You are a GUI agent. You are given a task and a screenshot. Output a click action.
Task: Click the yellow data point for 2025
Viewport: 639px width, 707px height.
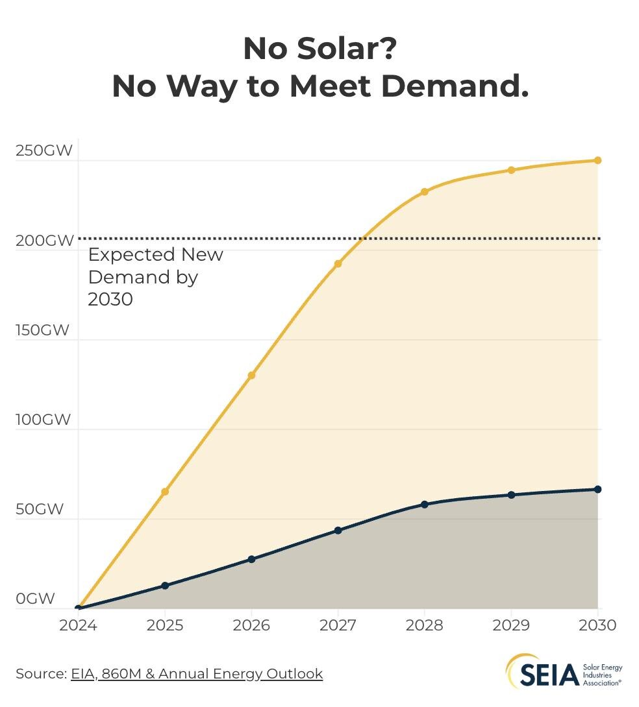[x=165, y=492]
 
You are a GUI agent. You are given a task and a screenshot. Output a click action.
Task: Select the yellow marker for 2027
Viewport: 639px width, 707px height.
[x=338, y=263]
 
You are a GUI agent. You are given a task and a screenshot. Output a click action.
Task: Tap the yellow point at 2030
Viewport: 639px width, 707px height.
[x=597, y=160]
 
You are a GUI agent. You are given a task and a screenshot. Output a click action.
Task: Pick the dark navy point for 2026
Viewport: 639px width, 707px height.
[x=251, y=559]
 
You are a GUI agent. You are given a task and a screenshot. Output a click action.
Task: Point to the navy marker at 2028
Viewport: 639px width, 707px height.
[x=425, y=504]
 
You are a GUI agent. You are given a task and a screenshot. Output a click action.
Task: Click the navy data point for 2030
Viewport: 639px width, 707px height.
[x=597, y=489]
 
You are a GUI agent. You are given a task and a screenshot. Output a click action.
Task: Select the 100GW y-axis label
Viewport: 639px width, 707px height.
[x=43, y=420]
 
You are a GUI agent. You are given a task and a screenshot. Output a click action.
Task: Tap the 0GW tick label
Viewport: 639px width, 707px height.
[x=35, y=599]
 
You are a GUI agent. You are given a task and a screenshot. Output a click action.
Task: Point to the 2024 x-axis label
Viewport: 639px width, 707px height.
[x=78, y=625]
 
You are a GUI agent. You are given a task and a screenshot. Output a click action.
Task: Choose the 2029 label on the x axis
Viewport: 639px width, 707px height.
[x=511, y=625]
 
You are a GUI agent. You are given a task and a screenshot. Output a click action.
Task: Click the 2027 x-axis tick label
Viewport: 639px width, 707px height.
[x=338, y=625]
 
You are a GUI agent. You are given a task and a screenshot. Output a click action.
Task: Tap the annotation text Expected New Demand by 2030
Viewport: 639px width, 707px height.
[x=155, y=277]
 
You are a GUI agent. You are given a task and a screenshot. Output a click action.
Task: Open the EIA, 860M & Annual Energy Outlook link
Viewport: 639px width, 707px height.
[x=196, y=674]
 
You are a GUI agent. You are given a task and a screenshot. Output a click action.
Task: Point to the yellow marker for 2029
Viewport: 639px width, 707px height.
[x=511, y=170]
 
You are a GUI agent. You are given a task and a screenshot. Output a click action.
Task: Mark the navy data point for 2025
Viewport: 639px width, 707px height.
[x=165, y=586]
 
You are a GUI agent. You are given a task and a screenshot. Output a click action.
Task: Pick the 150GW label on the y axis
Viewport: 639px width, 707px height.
[x=43, y=330]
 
